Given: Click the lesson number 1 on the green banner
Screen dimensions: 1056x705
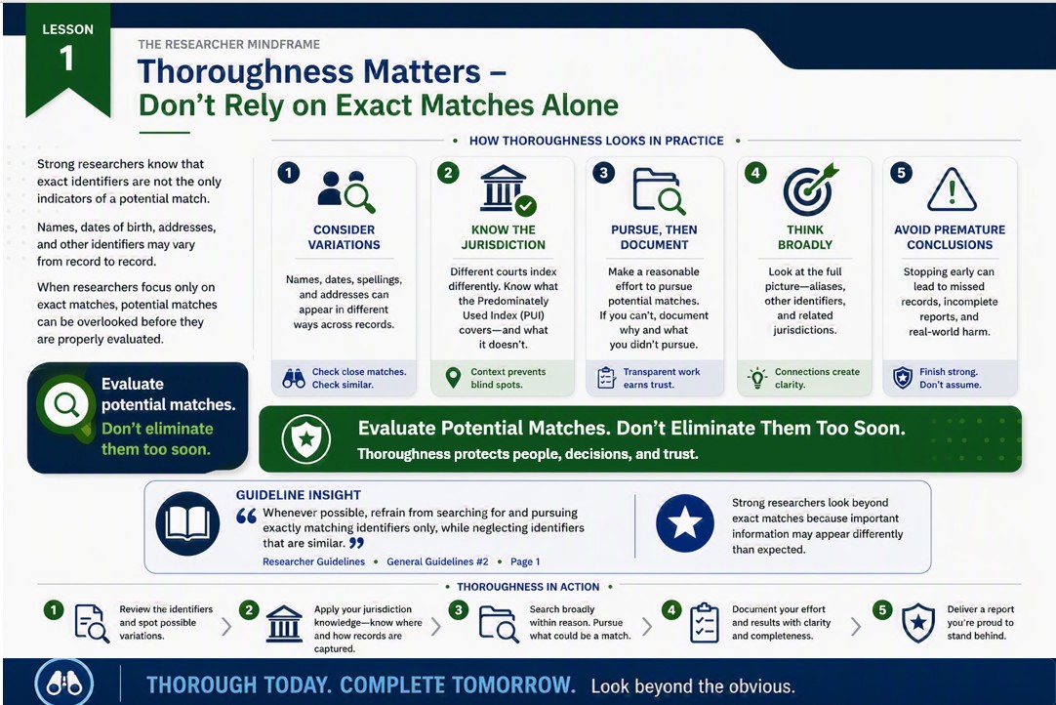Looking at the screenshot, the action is [x=66, y=58].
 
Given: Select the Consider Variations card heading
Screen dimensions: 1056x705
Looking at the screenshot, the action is [x=345, y=237].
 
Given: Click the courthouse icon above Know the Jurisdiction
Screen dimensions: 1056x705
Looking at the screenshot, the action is [x=508, y=189].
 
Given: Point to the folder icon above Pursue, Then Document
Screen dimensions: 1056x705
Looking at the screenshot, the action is [x=658, y=190].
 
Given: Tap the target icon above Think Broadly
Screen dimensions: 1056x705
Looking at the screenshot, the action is [x=810, y=188].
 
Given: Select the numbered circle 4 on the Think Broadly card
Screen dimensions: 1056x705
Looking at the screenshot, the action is [x=755, y=173].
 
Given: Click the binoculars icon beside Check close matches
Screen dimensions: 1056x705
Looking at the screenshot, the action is [x=294, y=378].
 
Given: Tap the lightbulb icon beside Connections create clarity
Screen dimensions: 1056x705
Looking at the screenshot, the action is [x=757, y=378].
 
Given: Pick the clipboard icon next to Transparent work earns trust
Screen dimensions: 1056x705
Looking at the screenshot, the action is [x=606, y=378].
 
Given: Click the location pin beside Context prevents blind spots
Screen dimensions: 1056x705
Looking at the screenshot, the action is [x=453, y=378].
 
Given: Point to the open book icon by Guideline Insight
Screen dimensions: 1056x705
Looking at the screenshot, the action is [x=187, y=523].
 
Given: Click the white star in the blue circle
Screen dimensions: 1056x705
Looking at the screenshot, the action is [x=685, y=523].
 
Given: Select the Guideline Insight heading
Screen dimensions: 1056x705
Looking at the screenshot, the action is [x=299, y=495].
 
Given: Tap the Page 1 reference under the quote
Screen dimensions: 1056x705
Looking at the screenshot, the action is [x=525, y=561].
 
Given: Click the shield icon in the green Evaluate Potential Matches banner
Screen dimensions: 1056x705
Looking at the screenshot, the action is [x=306, y=438].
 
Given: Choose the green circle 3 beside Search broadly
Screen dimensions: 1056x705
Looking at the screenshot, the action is [x=459, y=610].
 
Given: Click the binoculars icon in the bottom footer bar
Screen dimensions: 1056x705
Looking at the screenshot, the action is [x=64, y=684].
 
